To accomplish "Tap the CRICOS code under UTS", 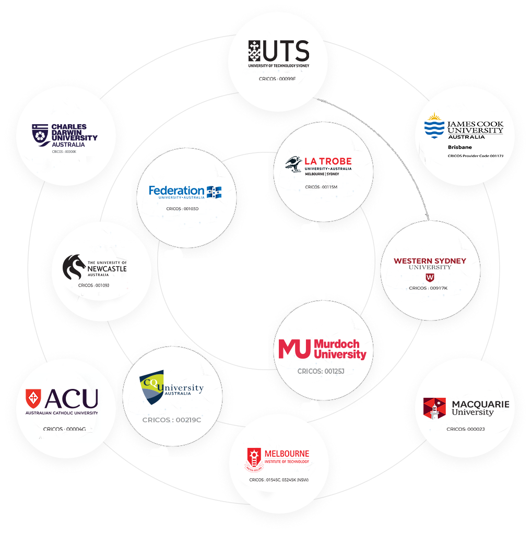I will [x=277, y=79].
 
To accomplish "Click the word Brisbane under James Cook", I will [x=459, y=147].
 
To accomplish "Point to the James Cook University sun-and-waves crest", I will [x=434, y=126].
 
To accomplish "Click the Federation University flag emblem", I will [x=214, y=192].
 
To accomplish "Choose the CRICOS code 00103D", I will [x=182, y=209].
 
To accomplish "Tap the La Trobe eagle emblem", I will [x=294, y=163].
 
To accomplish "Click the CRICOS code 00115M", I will [x=321, y=187].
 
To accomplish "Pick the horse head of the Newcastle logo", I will [x=74, y=267].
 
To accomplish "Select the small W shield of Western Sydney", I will [x=430, y=277].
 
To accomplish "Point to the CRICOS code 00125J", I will [x=321, y=371].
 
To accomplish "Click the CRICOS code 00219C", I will [x=172, y=420].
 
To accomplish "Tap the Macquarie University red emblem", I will [x=434, y=408].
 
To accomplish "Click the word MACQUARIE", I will [x=480, y=405].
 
